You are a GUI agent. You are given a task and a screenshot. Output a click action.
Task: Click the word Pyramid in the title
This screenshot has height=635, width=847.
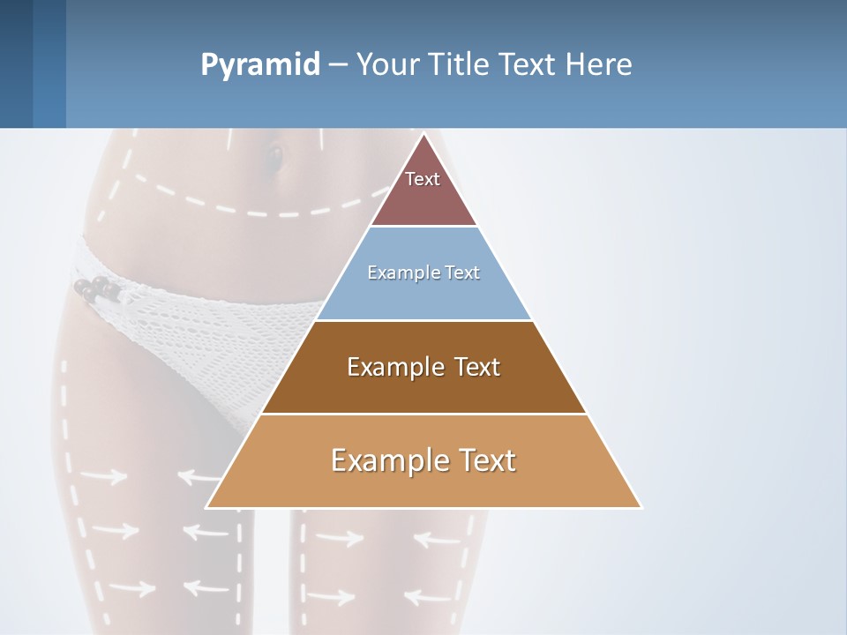pyautogui.click(x=260, y=65)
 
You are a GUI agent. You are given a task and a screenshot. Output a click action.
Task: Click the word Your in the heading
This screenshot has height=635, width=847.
pyautogui.click(x=386, y=64)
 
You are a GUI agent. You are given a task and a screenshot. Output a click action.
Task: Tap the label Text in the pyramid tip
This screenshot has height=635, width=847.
pyautogui.click(x=423, y=179)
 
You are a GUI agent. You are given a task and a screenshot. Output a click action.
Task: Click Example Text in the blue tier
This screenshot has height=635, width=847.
pyautogui.click(x=423, y=273)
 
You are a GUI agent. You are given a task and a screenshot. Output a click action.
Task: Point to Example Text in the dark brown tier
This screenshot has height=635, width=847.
pyautogui.click(x=423, y=367)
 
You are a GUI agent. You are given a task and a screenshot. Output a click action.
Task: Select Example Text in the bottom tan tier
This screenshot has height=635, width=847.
pyautogui.click(x=423, y=460)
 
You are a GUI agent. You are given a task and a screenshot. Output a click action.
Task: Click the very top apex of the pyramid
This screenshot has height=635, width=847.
pyautogui.click(x=423, y=135)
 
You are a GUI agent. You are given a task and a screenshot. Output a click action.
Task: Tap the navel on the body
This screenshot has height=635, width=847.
pyautogui.click(x=276, y=159)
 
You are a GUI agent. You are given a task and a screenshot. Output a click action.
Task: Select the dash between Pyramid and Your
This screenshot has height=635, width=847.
pyautogui.click(x=338, y=65)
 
